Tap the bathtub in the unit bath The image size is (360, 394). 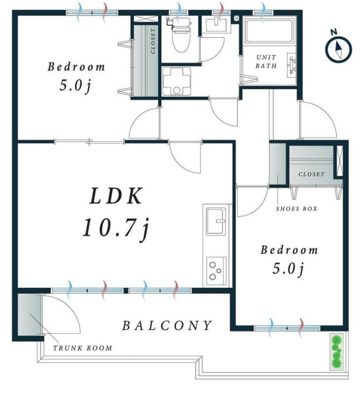pyautogui.click(x=269, y=31)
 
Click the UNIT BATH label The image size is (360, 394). pyautogui.click(x=266, y=61)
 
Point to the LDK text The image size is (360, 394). pyautogui.click(x=116, y=196)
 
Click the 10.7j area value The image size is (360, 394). pyautogui.click(x=116, y=228)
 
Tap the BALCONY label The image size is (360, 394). pyautogui.click(x=167, y=326)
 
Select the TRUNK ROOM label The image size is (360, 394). pyautogui.click(x=82, y=348)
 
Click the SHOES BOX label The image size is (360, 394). pyautogui.click(x=297, y=208)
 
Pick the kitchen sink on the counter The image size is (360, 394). pyautogui.click(x=216, y=221)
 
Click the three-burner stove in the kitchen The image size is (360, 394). pyautogui.click(x=216, y=271)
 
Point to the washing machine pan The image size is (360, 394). pyautogui.click(x=176, y=81)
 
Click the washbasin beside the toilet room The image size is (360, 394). pyautogui.click(x=216, y=25)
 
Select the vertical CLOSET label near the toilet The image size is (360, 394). pyautogui.click(x=153, y=41)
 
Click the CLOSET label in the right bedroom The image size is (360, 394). pyautogui.click(x=311, y=174)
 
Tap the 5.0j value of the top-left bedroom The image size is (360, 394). pyautogui.click(x=75, y=86)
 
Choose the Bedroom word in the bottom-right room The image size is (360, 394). pyautogui.click(x=289, y=250)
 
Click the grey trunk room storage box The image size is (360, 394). pyautogui.click(x=29, y=314)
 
